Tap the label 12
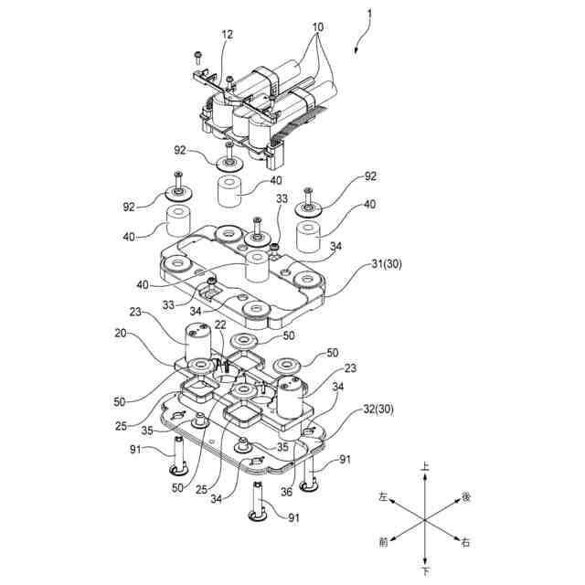coord(227,35)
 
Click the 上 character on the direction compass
coord(424,466)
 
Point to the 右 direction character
coord(465,543)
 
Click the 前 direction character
coord(383,542)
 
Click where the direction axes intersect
coord(424,519)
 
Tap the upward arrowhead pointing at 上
coord(424,477)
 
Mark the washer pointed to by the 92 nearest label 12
coord(228,164)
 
